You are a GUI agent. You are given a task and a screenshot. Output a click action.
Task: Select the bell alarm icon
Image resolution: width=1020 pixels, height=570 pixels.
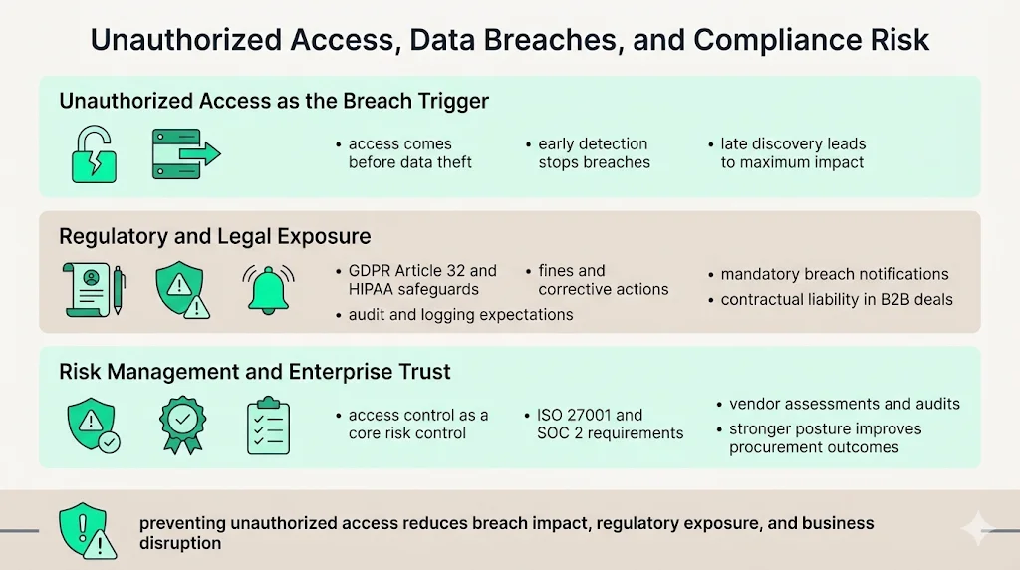tap(269, 289)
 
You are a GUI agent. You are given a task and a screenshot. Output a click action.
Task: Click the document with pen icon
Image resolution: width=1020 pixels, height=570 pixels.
tap(93, 289)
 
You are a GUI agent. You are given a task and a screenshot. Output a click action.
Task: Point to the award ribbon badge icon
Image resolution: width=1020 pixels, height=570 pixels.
tap(183, 425)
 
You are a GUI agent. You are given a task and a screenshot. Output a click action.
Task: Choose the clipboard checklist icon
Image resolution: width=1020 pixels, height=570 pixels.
tap(268, 426)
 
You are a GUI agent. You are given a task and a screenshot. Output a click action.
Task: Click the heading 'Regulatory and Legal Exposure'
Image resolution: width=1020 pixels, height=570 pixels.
tap(214, 236)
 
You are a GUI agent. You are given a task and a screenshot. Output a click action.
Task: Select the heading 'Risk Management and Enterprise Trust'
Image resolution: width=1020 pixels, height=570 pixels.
tap(254, 372)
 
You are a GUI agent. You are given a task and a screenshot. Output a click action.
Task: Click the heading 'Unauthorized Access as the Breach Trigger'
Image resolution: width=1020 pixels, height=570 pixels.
tap(274, 101)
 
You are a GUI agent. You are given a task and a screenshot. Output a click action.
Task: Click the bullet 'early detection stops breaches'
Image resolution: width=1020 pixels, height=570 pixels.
tap(594, 153)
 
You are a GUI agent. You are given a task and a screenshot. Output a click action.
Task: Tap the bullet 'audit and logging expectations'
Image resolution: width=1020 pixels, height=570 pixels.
tap(460, 315)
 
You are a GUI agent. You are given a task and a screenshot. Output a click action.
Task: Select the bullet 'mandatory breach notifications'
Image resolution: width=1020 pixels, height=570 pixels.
tap(835, 274)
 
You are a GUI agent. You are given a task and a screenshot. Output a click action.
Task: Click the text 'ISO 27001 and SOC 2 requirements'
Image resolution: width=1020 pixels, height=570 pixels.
tap(610, 424)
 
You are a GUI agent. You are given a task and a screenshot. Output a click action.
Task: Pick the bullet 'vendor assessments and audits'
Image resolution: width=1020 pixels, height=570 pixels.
tap(844, 404)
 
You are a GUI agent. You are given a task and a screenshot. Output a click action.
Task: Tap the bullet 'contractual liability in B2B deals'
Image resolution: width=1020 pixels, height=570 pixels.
tap(837, 299)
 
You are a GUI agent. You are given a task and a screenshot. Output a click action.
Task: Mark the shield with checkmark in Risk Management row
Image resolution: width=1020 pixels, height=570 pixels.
tap(92, 426)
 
